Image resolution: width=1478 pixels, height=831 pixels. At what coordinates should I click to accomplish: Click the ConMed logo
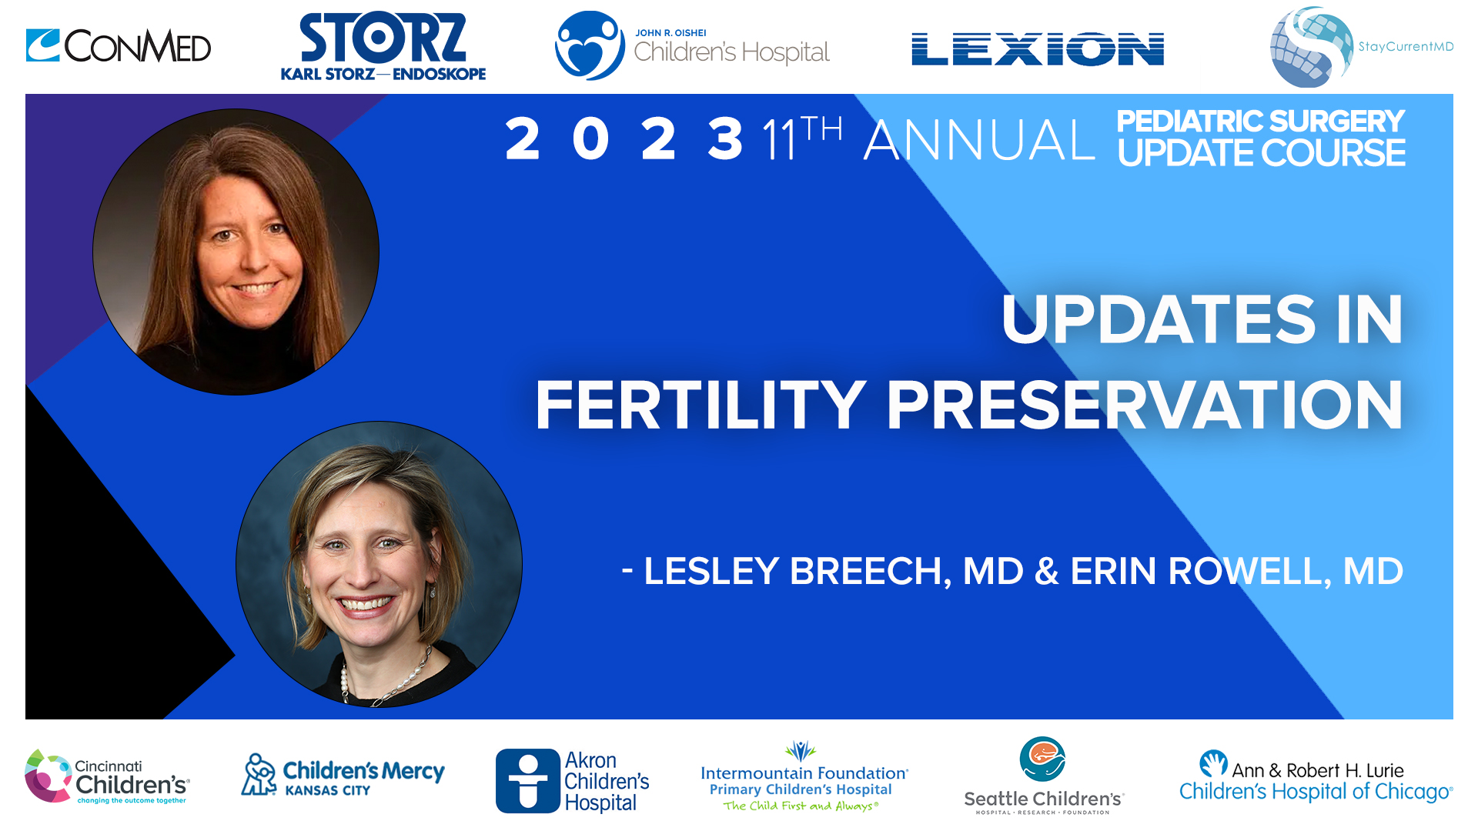[x=118, y=46]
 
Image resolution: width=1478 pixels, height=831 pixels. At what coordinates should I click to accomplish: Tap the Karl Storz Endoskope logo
[x=383, y=47]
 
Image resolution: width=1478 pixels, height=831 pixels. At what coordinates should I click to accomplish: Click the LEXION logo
[x=1037, y=49]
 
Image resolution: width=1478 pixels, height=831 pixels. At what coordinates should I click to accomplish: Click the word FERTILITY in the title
[x=701, y=405]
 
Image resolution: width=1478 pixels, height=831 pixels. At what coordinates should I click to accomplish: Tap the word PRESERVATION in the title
[x=1145, y=405]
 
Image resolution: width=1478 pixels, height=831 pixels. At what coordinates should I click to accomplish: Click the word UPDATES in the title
[x=1159, y=320]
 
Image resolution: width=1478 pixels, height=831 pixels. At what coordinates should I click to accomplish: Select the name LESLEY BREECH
[x=791, y=572]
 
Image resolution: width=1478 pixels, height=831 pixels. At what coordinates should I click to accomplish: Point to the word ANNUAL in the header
[x=978, y=141]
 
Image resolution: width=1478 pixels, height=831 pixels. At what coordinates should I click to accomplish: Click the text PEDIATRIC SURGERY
[x=1260, y=122]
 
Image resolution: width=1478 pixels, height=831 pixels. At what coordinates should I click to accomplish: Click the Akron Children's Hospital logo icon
[x=527, y=781]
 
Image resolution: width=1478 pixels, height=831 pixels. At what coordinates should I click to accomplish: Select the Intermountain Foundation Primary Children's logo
[x=803, y=777]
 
